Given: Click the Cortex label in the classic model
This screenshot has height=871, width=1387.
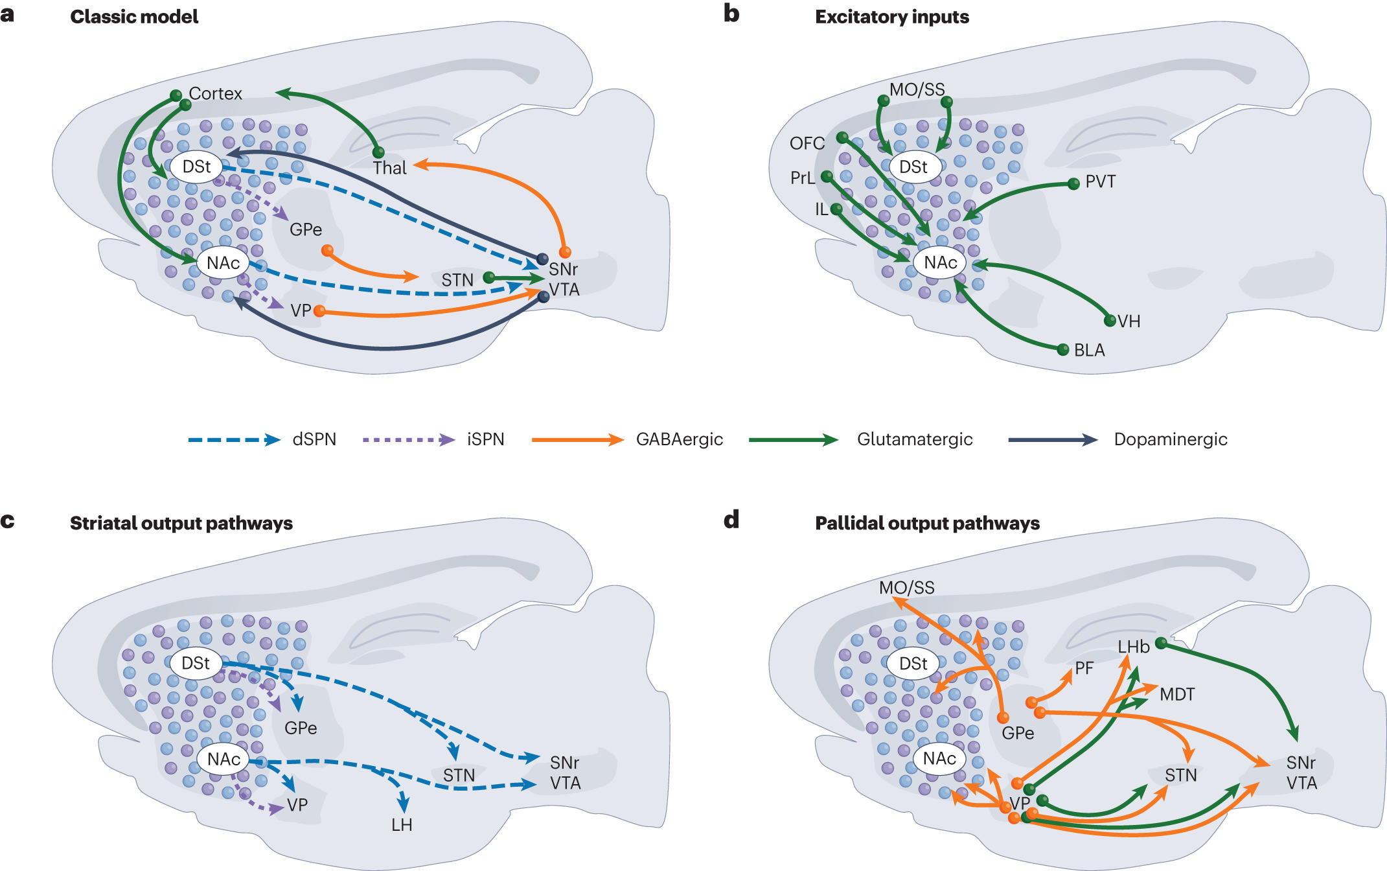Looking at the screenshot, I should (215, 94).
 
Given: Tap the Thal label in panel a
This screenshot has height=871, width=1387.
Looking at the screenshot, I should (389, 168).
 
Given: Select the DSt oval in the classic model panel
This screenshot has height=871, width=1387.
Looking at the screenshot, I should (196, 167).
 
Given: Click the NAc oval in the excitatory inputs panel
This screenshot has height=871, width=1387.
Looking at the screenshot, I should (940, 262).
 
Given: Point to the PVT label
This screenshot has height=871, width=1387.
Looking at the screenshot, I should (1100, 181).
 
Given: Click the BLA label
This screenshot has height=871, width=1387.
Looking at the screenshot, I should (1089, 351).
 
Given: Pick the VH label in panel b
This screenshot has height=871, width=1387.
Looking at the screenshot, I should (1129, 321).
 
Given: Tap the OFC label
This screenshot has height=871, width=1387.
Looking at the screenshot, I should (807, 143).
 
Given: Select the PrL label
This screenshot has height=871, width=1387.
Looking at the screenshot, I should (802, 178).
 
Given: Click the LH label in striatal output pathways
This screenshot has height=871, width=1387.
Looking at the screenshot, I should (402, 825).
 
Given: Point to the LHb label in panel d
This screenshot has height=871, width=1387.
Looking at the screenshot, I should (1133, 647).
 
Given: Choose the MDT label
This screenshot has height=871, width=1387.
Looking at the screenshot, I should (1177, 695).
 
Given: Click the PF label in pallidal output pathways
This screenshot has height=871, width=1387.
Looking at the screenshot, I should (1084, 668).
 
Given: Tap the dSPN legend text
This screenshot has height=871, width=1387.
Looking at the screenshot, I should (314, 439).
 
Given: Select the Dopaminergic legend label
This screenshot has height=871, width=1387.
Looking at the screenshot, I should (1170, 439).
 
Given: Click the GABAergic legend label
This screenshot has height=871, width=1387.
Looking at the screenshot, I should (679, 439).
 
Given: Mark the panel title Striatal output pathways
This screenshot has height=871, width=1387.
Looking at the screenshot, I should (181, 523).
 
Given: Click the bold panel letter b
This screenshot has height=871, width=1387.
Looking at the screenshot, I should (731, 14).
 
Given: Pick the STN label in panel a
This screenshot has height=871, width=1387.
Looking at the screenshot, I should (457, 280).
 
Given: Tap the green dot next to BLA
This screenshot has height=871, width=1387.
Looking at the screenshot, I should (1062, 350).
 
